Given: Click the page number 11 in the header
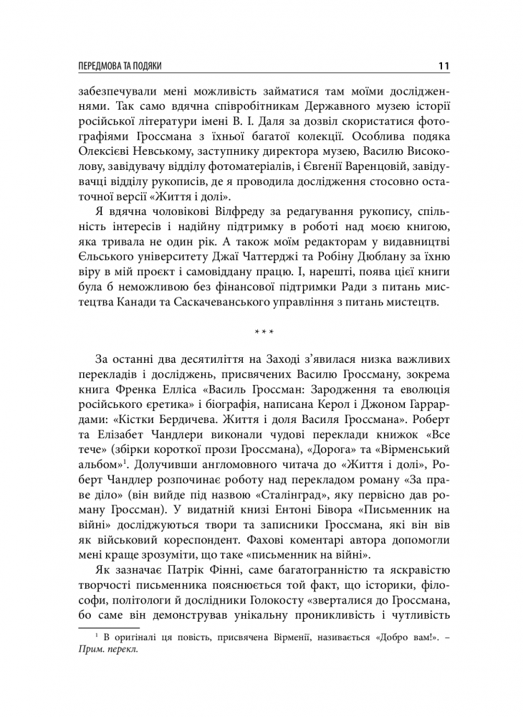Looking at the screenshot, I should [x=442, y=66].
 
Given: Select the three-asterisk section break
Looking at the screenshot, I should [x=264, y=333].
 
